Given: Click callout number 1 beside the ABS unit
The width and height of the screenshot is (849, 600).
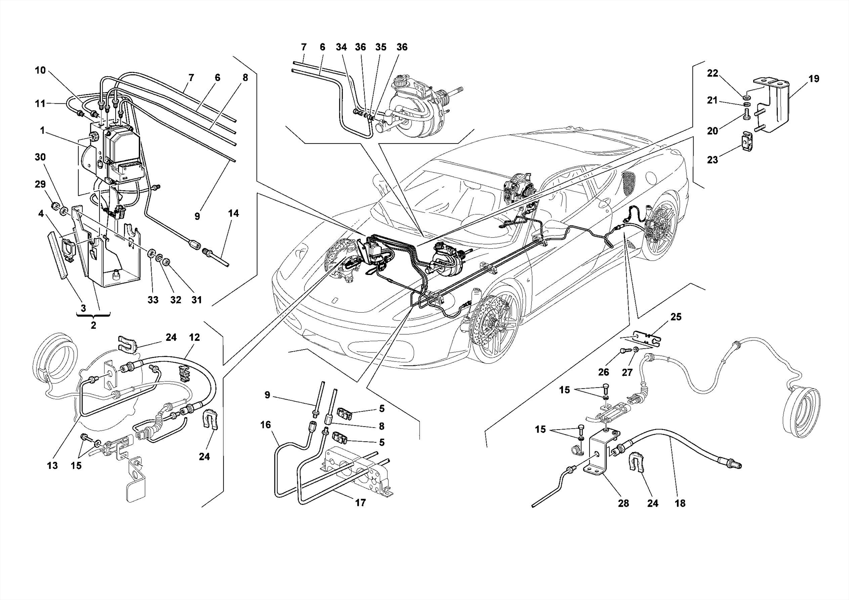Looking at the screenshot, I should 42,131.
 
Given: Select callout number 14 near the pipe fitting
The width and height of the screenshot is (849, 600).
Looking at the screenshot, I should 233,214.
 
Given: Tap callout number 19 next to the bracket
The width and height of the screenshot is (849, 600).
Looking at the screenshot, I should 814,79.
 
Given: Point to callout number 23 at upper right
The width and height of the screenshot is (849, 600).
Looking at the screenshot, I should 712,160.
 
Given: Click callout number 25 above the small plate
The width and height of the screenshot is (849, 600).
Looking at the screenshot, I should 676,317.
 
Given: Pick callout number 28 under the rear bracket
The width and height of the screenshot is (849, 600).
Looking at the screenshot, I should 623,503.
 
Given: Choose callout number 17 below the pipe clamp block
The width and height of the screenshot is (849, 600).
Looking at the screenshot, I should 360,503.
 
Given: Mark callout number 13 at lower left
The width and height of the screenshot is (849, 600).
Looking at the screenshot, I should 52,465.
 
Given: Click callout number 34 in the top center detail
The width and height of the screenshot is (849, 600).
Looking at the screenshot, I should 341,47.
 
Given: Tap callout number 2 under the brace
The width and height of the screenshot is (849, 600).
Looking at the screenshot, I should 93,326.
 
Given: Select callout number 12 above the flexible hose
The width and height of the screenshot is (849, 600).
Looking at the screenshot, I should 195,337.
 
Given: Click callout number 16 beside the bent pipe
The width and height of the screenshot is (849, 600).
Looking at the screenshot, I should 265,425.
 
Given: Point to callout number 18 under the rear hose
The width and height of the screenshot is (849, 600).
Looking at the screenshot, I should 680,503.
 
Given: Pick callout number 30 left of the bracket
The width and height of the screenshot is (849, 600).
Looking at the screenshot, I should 40,157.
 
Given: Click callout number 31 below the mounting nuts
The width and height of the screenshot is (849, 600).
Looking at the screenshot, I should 196,299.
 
